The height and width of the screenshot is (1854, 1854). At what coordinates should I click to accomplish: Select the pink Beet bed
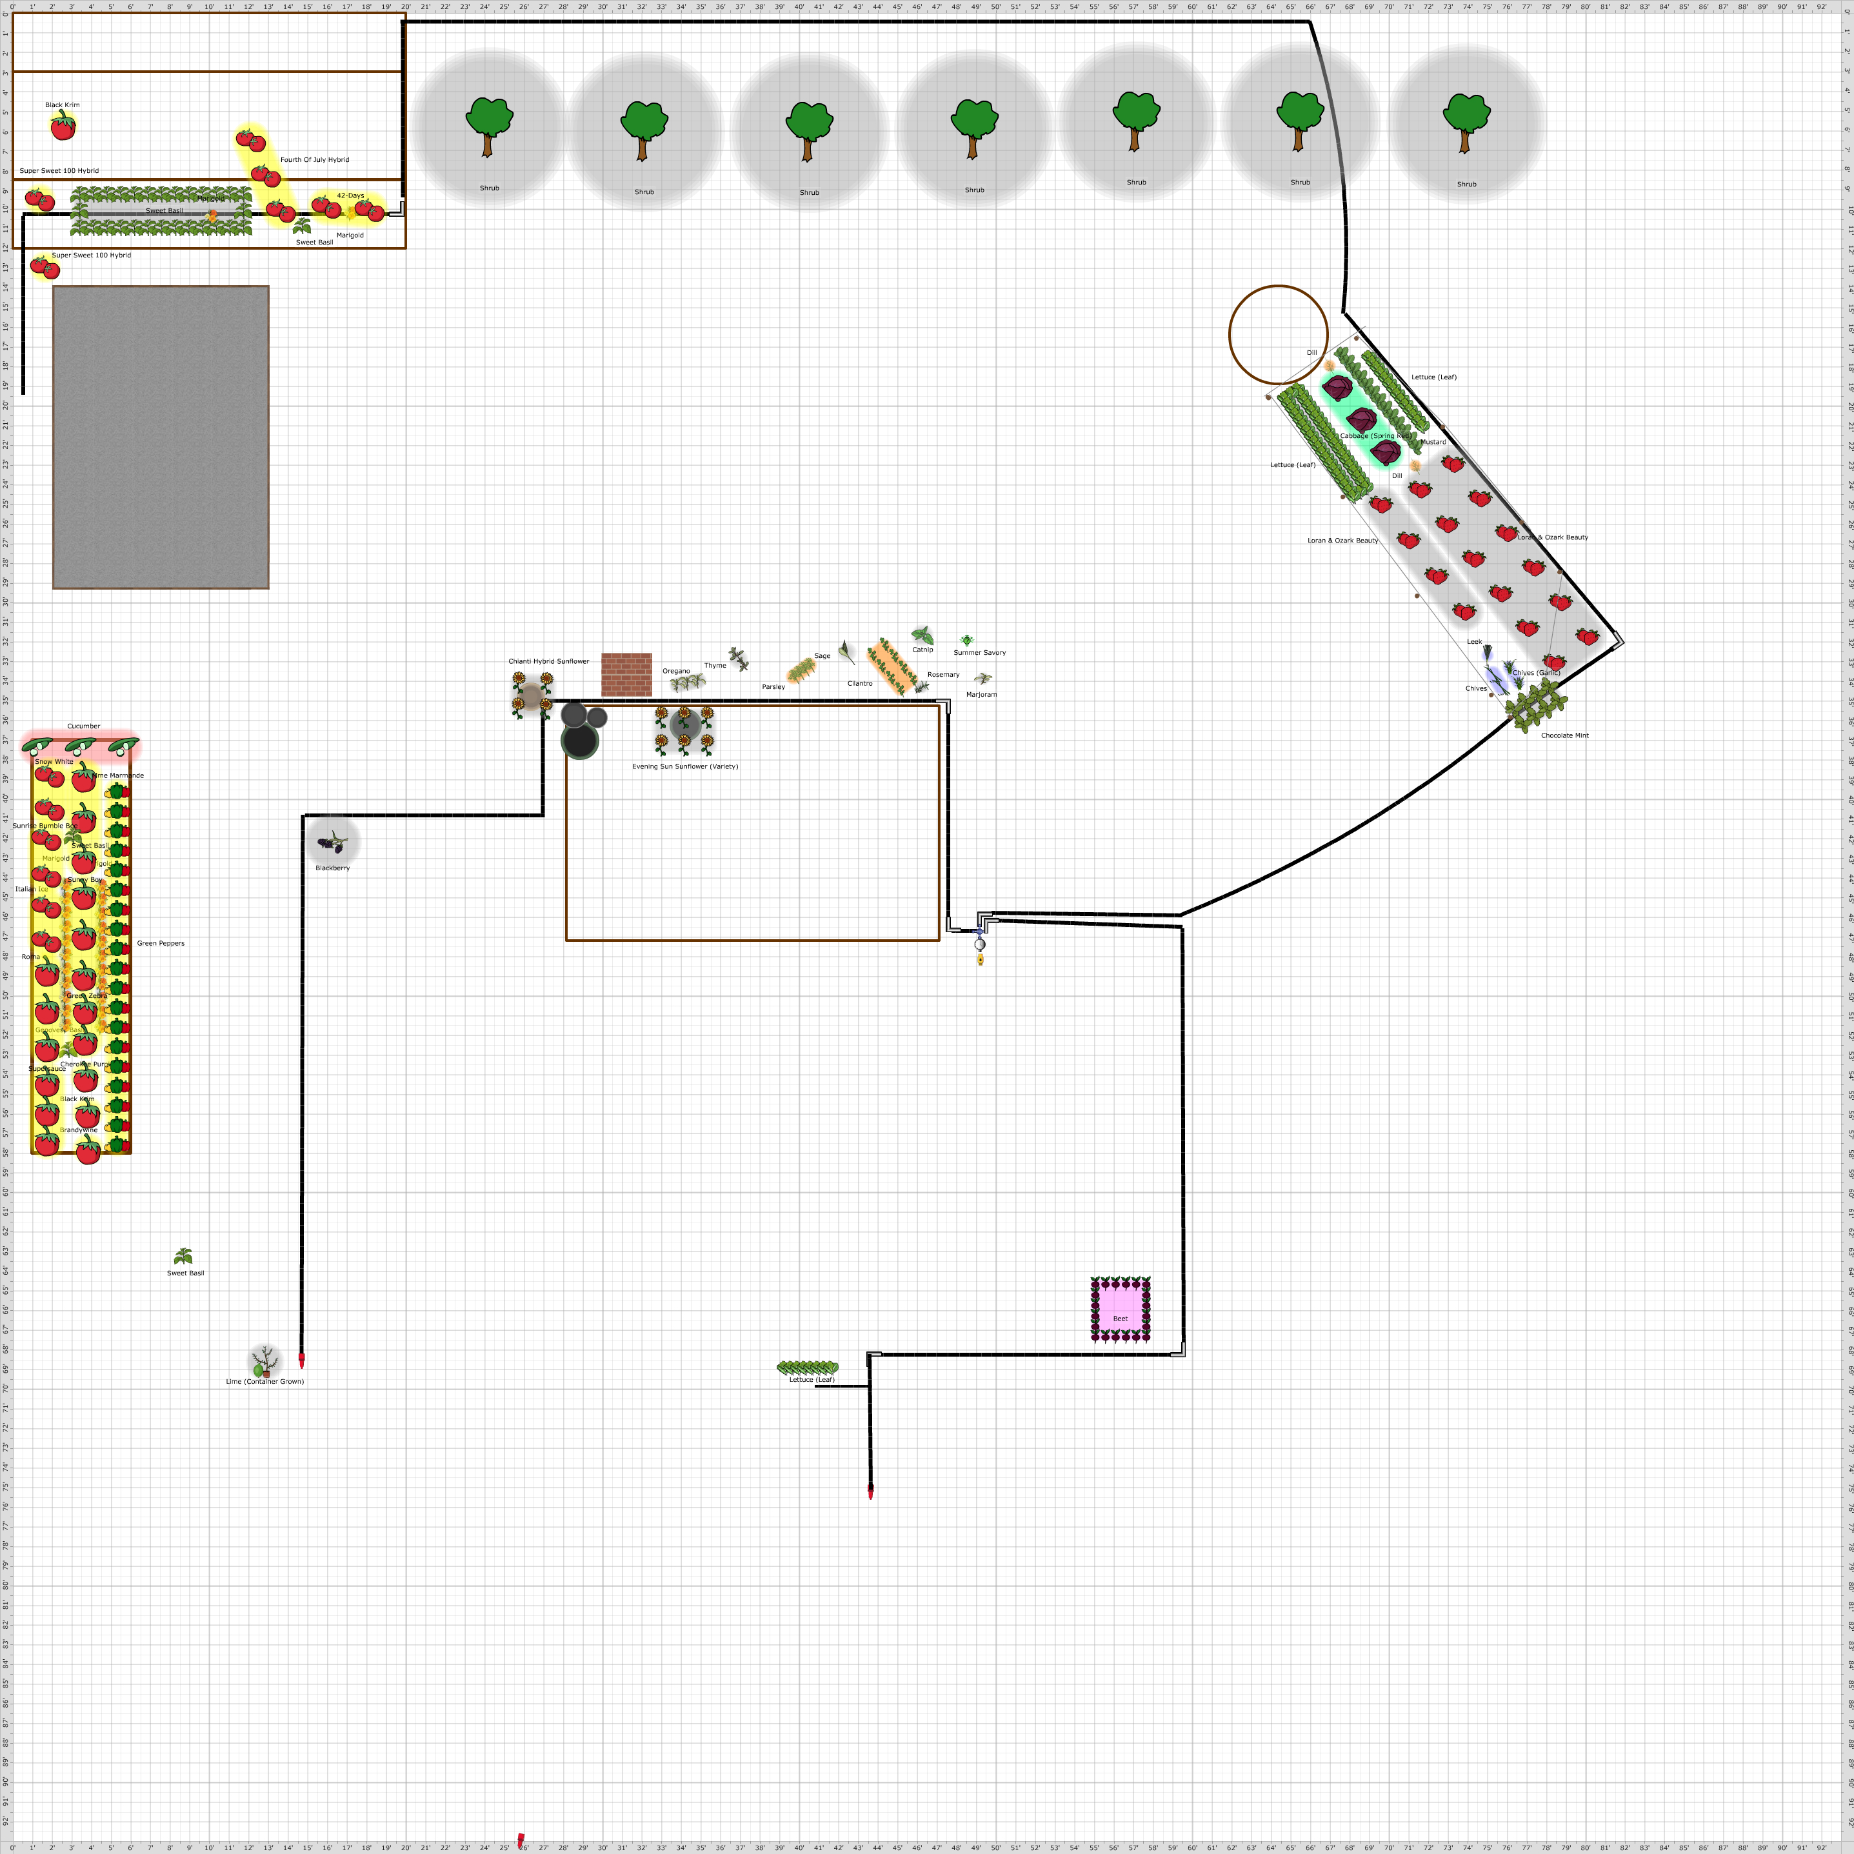click(x=1120, y=1308)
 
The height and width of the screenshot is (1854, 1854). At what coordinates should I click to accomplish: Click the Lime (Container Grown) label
click(x=265, y=1381)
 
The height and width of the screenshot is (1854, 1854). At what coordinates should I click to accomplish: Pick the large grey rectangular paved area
click(x=160, y=437)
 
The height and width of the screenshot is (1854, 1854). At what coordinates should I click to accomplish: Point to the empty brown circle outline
click(x=1278, y=335)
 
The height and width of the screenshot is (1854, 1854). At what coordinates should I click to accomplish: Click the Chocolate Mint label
click(x=1564, y=735)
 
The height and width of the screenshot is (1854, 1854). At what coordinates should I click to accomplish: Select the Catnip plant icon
click(x=922, y=635)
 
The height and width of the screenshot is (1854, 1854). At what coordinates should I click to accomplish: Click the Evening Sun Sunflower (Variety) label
click(x=684, y=766)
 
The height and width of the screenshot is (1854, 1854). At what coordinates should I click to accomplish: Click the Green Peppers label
click(x=160, y=942)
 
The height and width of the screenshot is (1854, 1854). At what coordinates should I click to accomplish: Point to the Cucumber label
click(x=83, y=726)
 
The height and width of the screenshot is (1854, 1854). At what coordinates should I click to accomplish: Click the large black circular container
click(x=579, y=741)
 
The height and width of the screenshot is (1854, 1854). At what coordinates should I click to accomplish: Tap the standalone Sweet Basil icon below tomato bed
click(x=183, y=1257)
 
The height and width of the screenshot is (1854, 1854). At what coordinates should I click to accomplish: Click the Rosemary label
click(x=942, y=675)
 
